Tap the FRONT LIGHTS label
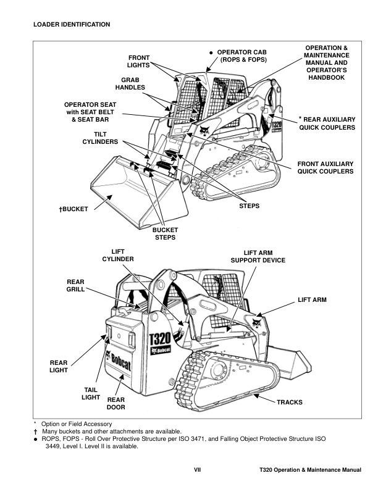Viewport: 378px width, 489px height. tap(138, 61)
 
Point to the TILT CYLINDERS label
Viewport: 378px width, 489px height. tap(100, 138)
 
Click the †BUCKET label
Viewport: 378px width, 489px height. tap(73, 209)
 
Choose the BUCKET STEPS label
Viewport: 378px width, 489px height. tap(165, 233)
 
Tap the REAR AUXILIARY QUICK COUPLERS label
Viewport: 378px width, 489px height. tap(327, 123)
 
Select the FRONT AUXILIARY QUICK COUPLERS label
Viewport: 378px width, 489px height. tap(325, 167)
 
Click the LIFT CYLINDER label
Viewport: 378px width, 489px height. tap(117, 255)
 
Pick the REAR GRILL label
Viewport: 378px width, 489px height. tap(75, 285)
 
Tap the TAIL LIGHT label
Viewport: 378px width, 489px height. tap(91, 393)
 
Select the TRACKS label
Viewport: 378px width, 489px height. tap(289, 402)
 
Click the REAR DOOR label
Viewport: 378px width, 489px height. tap(116, 403)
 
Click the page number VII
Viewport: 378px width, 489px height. tap(198, 470)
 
